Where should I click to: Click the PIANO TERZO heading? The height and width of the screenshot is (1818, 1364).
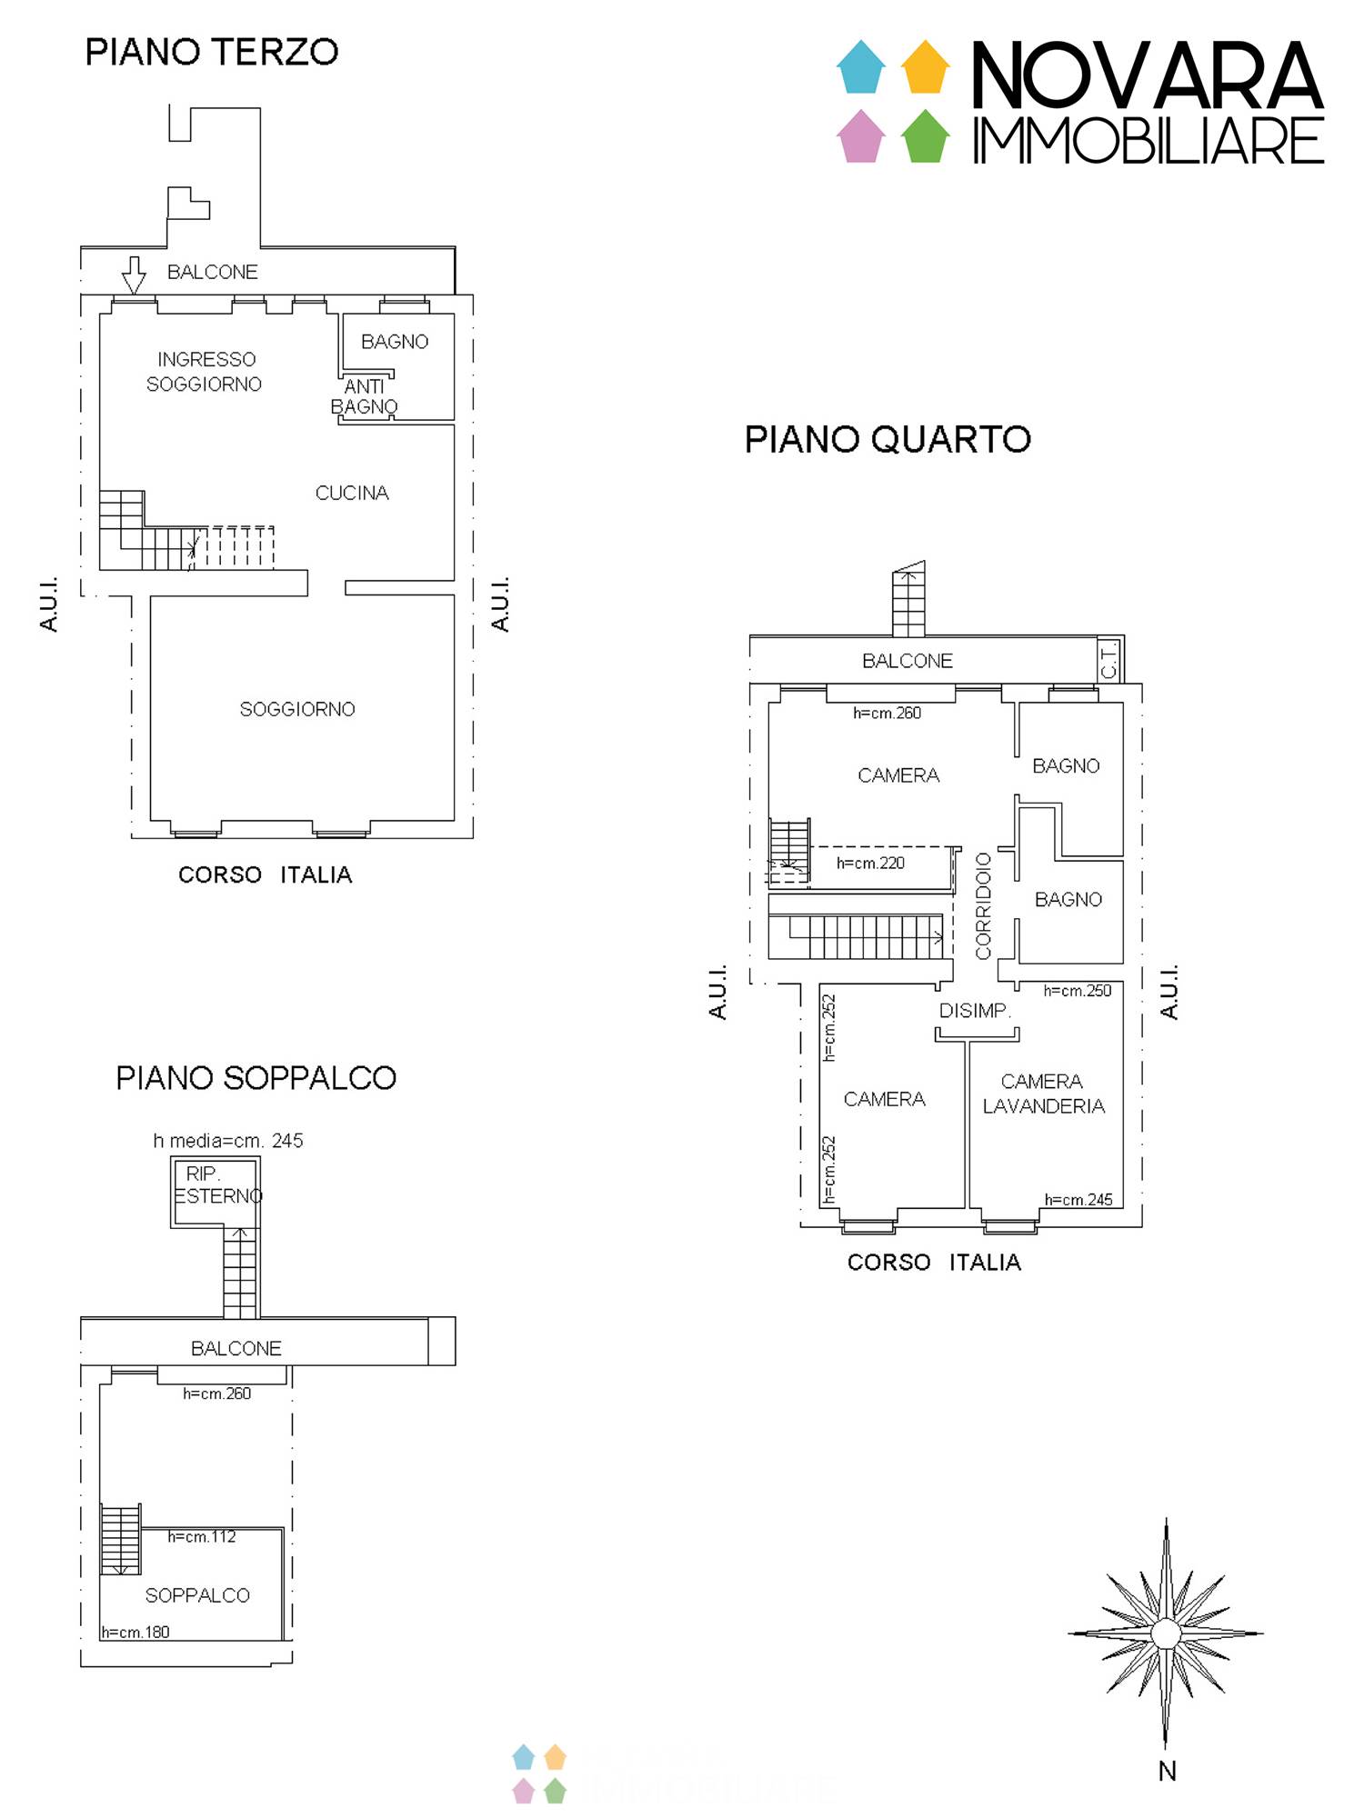(x=212, y=52)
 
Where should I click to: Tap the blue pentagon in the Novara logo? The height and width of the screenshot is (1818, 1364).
(x=860, y=67)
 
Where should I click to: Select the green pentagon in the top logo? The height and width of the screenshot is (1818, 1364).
(x=926, y=136)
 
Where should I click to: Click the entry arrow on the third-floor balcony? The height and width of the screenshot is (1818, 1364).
(x=135, y=275)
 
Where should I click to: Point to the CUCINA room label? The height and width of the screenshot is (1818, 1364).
(x=352, y=493)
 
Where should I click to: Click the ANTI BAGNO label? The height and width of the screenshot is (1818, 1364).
(x=364, y=396)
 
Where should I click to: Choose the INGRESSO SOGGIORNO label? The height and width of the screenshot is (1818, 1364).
(x=205, y=372)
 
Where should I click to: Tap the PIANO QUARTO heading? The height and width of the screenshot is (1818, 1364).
(x=888, y=440)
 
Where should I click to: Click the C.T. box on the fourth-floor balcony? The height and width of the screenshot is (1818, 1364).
(x=1110, y=660)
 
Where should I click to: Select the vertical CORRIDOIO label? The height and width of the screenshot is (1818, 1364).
(x=983, y=905)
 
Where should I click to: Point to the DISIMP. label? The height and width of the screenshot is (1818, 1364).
(x=975, y=1011)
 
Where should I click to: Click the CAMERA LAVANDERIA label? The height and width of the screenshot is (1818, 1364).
(x=1043, y=1094)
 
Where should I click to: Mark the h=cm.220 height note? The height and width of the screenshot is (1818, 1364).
(x=870, y=863)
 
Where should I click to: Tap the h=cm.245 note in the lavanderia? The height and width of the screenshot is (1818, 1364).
(x=1078, y=1200)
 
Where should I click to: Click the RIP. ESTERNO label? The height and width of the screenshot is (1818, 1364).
(x=217, y=1185)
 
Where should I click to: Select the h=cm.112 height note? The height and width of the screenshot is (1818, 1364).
(x=202, y=1537)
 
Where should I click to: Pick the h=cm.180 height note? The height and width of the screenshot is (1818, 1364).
(x=135, y=1633)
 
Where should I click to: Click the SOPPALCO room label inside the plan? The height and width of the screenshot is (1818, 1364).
(x=197, y=1595)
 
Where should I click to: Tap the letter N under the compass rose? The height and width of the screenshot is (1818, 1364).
(x=1168, y=1772)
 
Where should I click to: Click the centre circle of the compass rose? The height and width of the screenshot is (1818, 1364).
(x=1166, y=1633)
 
